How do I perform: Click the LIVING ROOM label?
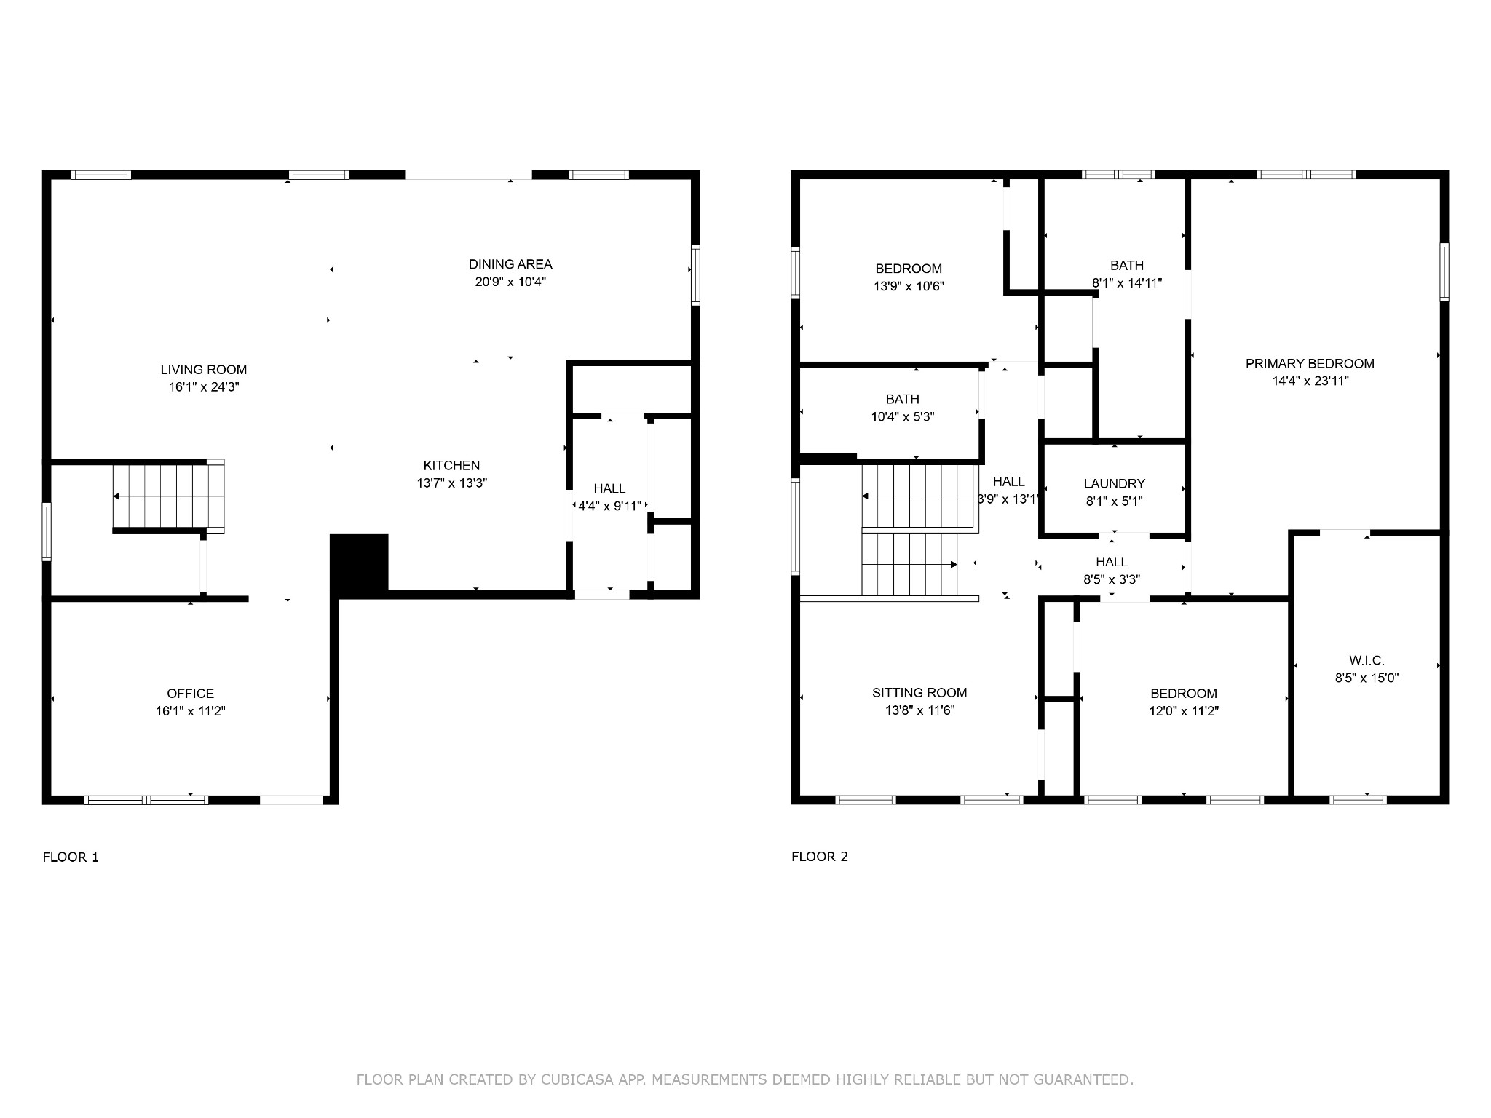tap(204, 370)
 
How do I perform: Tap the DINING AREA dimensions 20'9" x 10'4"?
tap(510, 282)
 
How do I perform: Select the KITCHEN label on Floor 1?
tap(451, 466)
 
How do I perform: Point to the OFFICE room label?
tap(191, 694)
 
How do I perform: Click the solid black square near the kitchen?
tap(360, 563)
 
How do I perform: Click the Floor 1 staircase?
tap(168, 496)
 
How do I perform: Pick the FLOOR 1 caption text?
tap(71, 857)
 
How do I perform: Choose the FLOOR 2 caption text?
tap(820, 857)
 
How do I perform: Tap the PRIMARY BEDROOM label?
tap(1310, 364)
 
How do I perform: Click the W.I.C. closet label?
tap(1367, 660)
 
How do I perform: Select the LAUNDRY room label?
tap(1114, 484)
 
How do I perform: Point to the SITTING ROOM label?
tap(919, 693)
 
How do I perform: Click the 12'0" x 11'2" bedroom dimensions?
tap(1184, 712)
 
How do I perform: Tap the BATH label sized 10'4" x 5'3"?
tap(903, 400)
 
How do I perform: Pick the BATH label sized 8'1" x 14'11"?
tap(1127, 266)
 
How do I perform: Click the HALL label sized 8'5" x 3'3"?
tap(1112, 562)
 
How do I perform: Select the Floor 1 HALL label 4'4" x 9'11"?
tap(609, 489)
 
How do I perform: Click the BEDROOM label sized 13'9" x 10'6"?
tap(909, 269)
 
